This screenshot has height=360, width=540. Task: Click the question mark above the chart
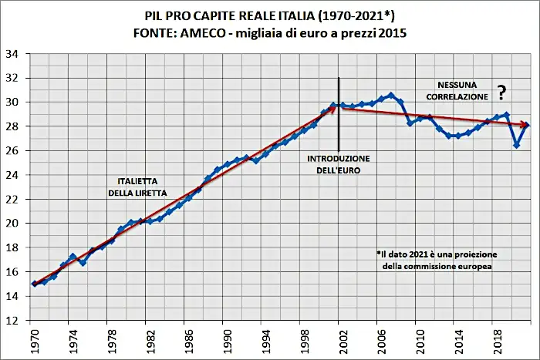click(x=501, y=94)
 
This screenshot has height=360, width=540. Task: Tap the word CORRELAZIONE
click(x=454, y=97)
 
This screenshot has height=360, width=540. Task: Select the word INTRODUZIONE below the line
click(x=339, y=158)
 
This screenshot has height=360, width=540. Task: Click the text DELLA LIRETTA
click(x=137, y=193)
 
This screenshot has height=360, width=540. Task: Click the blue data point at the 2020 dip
click(x=516, y=145)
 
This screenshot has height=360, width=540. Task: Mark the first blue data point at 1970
click(x=35, y=284)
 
